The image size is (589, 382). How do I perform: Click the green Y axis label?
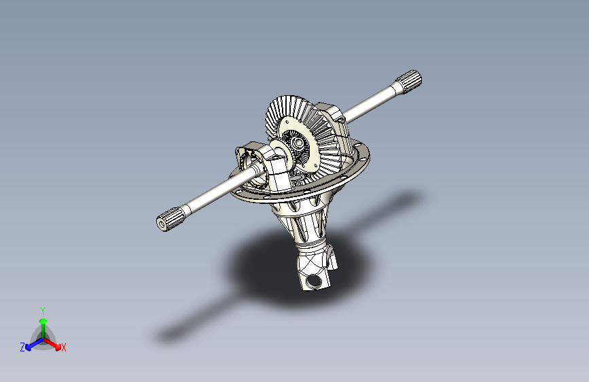pos(42,310)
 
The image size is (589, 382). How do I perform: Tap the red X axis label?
pos(63,347)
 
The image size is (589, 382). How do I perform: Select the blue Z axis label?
pos(22,347)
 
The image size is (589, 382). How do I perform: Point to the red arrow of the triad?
pos(54,342)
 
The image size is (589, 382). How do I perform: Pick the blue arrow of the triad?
pos(32,343)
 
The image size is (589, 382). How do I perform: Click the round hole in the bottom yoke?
pos(315,280)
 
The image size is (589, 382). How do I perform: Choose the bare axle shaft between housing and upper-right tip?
pos(370,101)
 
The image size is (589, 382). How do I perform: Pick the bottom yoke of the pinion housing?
pos(315,272)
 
